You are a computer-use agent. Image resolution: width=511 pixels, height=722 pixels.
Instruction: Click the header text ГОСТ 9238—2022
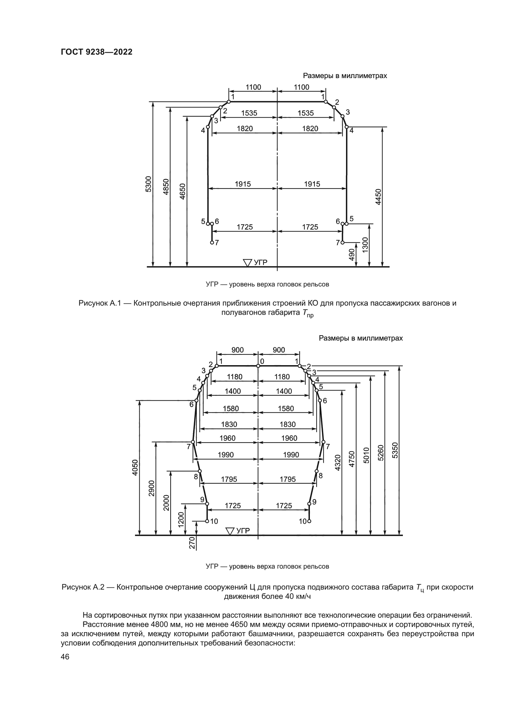point(97,52)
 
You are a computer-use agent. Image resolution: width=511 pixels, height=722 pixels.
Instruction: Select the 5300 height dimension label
point(149,184)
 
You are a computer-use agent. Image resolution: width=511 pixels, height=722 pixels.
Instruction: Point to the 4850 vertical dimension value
point(166,186)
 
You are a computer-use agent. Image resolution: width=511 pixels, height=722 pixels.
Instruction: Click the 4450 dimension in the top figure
point(378,197)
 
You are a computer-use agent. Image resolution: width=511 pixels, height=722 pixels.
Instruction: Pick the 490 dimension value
point(353,254)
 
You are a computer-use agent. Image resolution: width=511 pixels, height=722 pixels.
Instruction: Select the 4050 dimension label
point(135,467)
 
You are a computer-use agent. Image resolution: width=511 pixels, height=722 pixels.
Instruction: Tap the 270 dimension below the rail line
point(192,543)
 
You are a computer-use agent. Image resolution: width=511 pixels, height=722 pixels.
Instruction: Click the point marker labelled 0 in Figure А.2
point(258,366)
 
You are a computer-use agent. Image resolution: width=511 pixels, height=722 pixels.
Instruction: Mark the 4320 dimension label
point(338,463)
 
